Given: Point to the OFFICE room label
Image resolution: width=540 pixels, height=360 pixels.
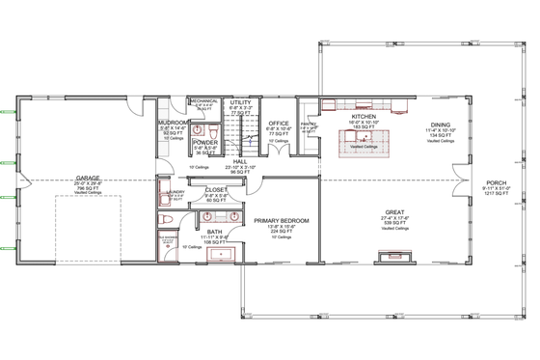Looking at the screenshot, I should coord(279,124).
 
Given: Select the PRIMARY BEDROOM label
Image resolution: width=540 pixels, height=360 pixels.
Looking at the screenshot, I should coord(282,221).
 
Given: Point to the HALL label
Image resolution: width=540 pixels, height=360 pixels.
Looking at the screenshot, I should coord(240,162).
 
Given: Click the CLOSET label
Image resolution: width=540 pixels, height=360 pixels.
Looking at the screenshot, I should coord(216,190).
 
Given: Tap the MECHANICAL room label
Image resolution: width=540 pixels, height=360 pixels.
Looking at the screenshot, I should coord(203,100).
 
